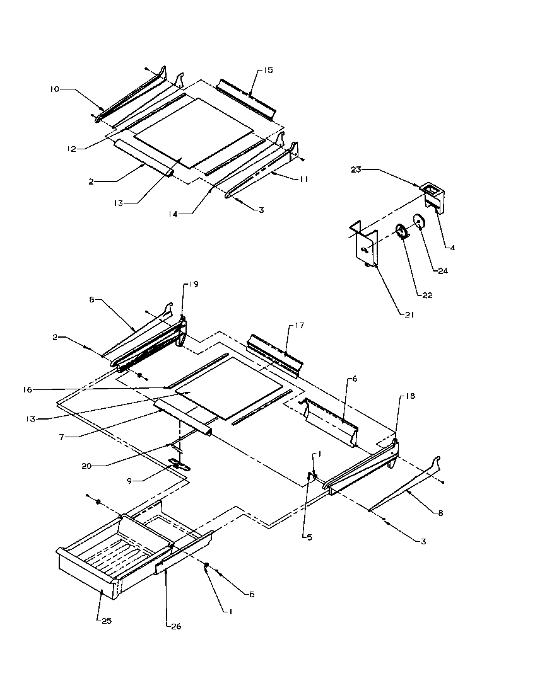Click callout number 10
click(x=54, y=89)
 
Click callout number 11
click(x=303, y=180)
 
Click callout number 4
click(x=452, y=248)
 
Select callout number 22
click(x=427, y=295)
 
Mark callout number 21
click(x=409, y=315)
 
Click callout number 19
click(x=194, y=285)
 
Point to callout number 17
click(x=298, y=326)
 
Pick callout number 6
click(x=355, y=379)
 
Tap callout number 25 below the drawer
click(x=105, y=620)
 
